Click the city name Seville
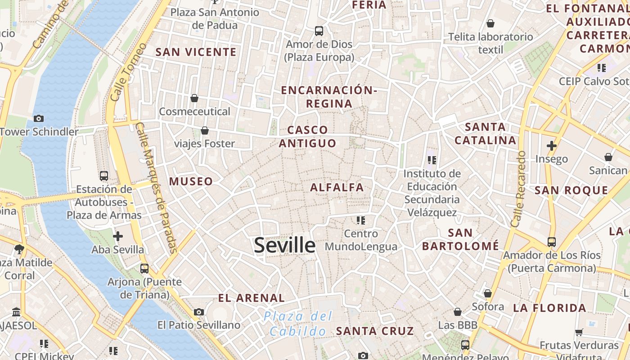point(284,245)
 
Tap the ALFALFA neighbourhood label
point(337,187)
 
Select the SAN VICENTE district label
point(196,52)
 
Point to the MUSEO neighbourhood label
point(191,181)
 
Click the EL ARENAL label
point(251,298)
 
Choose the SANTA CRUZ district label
point(375,331)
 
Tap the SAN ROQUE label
point(571,190)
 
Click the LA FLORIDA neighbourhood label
point(549,308)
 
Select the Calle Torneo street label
point(128,72)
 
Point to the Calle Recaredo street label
point(518,189)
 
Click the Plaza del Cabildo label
point(298,324)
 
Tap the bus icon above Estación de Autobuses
point(104,176)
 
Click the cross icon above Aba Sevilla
point(118,236)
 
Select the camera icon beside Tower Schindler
point(39,118)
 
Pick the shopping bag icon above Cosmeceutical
point(194,98)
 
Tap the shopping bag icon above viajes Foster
point(205,130)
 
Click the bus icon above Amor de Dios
point(319,31)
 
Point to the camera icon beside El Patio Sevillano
point(198,312)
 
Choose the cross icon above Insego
point(551,146)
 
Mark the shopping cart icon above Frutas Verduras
point(579,332)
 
